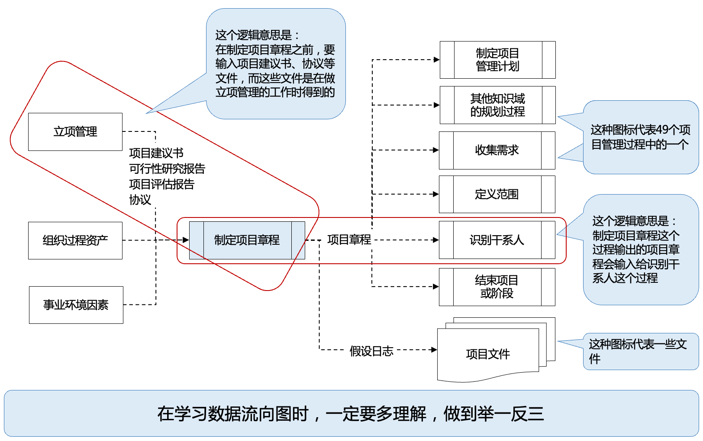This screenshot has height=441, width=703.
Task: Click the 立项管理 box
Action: pos(75,132)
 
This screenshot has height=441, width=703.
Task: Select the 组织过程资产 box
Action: pos(75,240)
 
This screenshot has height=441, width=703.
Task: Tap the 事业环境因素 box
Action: pos(76,305)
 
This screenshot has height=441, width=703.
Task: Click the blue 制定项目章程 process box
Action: pos(247,240)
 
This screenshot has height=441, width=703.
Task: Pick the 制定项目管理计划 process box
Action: pos(497,60)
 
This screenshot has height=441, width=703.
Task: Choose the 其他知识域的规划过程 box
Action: pos(497,105)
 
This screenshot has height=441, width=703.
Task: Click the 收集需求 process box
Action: pos(497,150)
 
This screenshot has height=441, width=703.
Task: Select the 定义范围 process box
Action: pos(497,195)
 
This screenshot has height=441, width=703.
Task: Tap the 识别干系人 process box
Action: pos(497,240)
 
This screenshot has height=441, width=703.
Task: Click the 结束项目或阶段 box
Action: pos(497,287)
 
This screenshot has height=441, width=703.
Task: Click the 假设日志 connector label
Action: pos(371,351)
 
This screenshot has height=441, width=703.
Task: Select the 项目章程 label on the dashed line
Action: pos(349,240)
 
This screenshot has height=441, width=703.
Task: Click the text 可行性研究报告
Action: pos(167,169)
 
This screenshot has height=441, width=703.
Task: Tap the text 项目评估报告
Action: pos(162,184)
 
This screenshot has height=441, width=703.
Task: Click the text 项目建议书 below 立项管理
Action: pos(156,153)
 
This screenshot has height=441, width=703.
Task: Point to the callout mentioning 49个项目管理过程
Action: pos(641,137)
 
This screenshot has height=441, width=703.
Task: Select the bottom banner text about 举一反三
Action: pos(351,414)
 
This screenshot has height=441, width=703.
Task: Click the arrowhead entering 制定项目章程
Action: pos(186,240)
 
